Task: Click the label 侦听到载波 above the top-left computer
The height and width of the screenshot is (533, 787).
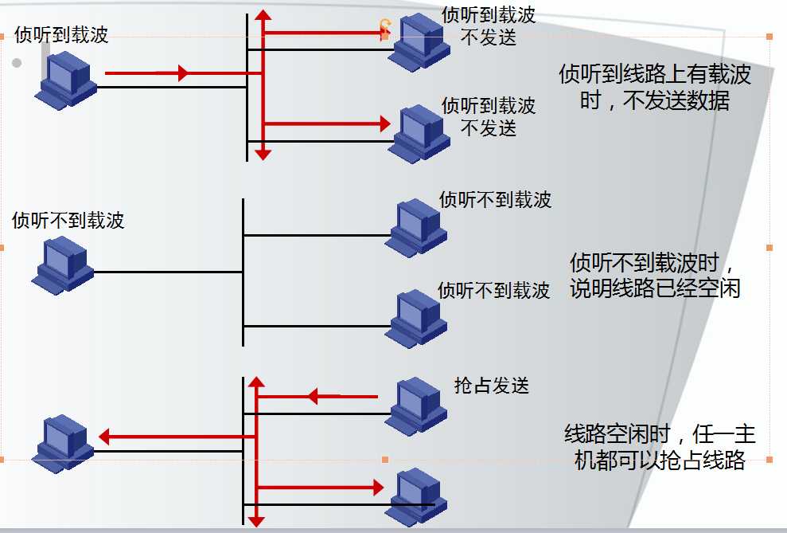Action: coord(61,35)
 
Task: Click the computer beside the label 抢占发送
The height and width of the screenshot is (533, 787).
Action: coord(416,405)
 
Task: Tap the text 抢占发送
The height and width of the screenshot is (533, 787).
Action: coord(491,386)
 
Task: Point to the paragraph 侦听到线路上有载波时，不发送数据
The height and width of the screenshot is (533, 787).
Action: coord(654,88)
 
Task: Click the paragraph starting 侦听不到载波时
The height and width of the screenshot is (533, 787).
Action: coord(655,275)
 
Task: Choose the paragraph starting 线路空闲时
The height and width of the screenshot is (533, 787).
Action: coord(659,447)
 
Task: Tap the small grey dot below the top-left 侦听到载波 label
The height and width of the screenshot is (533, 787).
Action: coord(17,63)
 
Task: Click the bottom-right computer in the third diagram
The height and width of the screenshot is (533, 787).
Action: coord(416,496)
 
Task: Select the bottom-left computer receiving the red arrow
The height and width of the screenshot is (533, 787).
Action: coord(63,443)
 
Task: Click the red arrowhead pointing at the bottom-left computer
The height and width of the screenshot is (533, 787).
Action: coord(104,436)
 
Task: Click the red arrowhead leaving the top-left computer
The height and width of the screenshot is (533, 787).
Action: coord(182,73)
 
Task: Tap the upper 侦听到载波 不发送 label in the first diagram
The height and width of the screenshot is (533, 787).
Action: coord(489,25)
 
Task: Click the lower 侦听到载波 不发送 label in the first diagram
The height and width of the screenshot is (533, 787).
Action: coord(489,116)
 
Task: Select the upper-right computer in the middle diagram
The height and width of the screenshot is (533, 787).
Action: coord(416,227)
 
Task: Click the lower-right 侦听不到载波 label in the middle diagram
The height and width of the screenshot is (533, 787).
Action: coord(493,290)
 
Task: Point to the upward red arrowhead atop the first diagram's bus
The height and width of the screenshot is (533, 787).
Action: coord(263,15)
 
